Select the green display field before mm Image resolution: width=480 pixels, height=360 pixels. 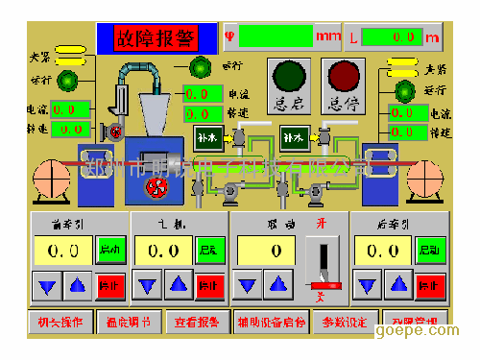[276, 36]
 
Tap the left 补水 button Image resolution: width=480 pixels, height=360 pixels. [206, 137]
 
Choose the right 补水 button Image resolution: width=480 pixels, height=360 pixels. [294, 137]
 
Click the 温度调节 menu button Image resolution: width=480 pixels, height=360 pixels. [128, 322]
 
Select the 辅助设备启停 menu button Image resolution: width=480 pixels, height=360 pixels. [271, 322]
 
